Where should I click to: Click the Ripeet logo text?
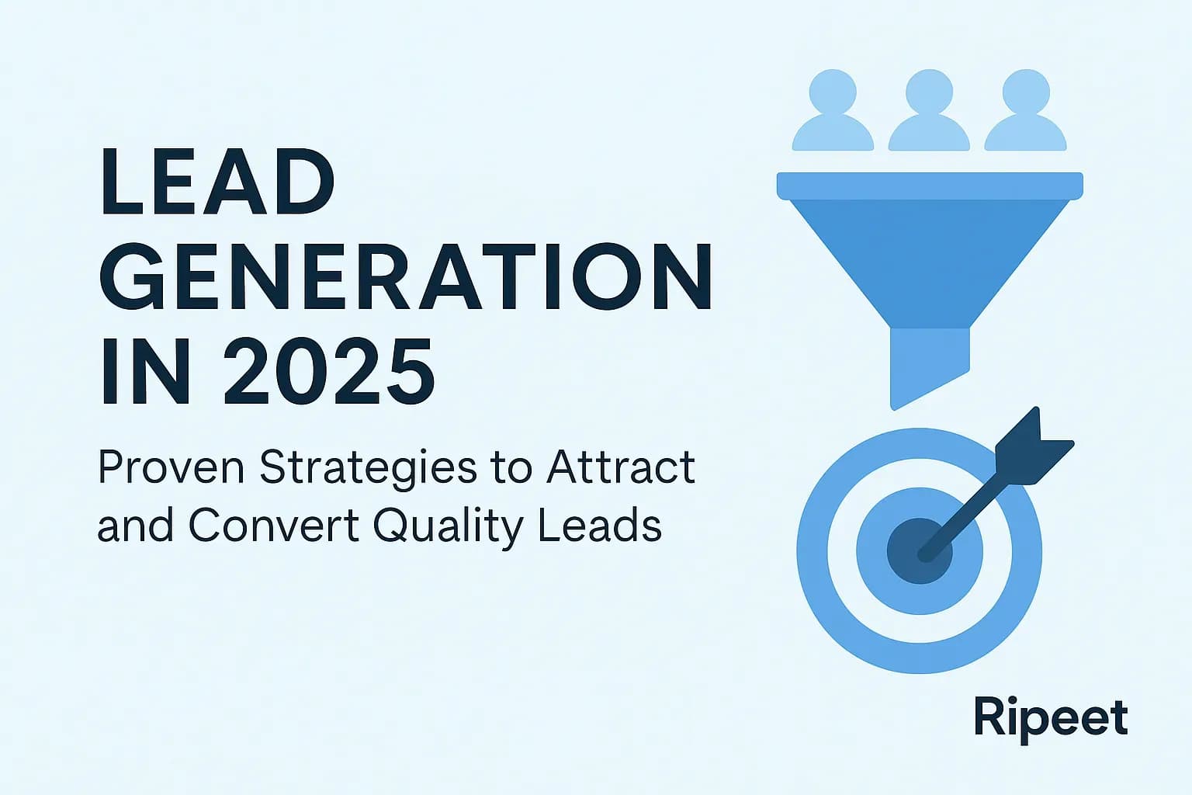click(1051, 718)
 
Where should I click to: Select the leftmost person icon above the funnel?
click(833, 111)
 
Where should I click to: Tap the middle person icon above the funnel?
click(929, 111)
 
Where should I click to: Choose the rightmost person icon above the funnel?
click(1025, 111)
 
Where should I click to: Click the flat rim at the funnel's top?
click(930, 186)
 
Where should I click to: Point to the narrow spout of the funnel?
click(929, 361)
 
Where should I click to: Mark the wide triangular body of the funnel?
click(930, 248)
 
